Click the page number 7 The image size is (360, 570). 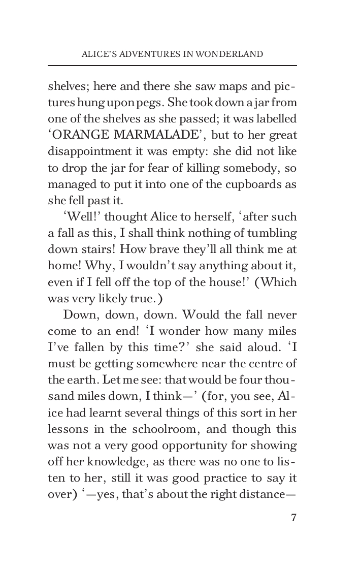click(293, 518)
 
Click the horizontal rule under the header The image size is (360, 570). click(172, 66)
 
